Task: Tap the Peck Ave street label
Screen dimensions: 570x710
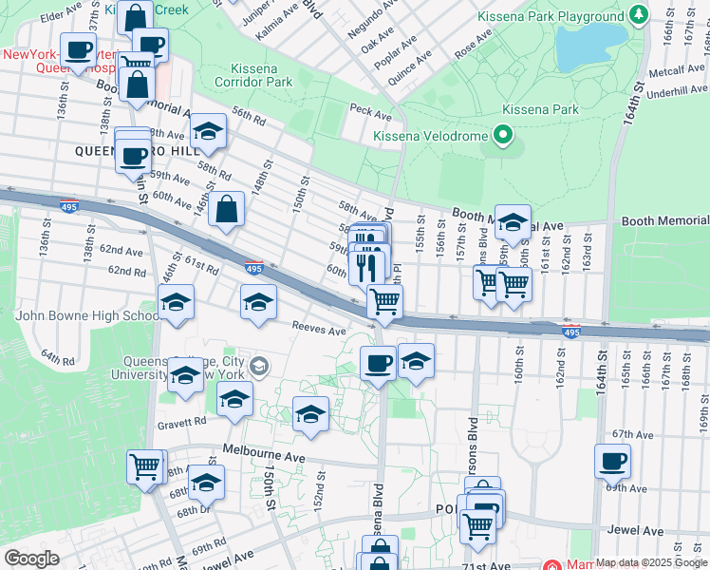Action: [x=371, y=113]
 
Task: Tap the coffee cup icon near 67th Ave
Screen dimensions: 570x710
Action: [x=612, y=462]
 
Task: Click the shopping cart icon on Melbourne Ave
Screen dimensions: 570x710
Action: [x=144, y=466]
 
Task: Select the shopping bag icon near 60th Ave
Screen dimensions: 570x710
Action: [x=227, y=211]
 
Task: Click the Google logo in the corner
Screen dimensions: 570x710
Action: [x=30, y=559]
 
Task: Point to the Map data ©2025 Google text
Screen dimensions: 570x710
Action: [x=650, y=562]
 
